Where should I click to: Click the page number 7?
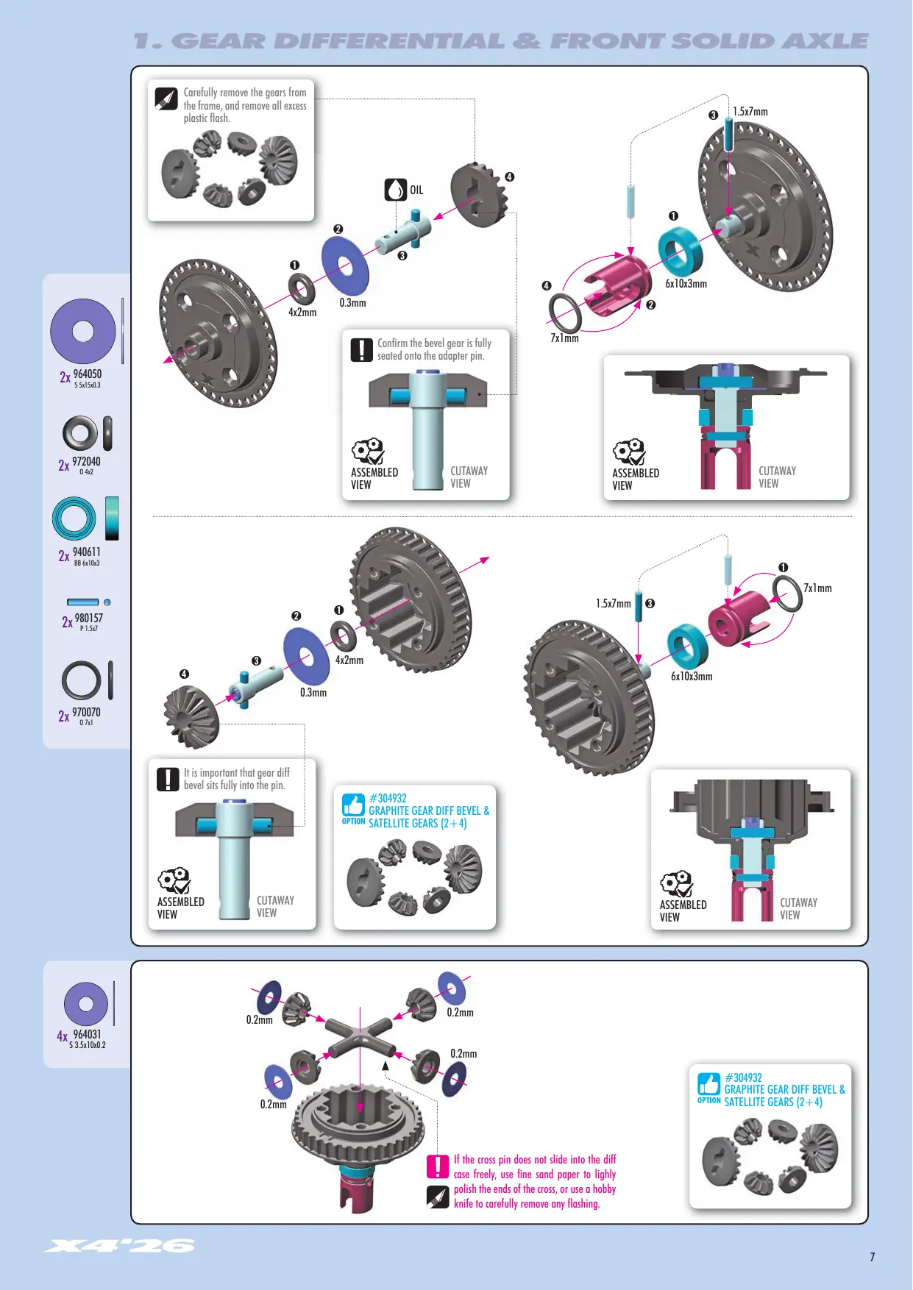coord(873,1257)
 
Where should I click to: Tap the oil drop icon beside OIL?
coord(396,190)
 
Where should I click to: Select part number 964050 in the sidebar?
coord(88,374)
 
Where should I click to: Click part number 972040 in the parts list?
coord(86,462)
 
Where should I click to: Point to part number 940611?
coord(87,552)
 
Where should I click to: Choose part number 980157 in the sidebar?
coord(89,619)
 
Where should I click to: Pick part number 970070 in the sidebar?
coord(86,713)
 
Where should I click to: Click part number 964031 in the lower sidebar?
coord(87,1035)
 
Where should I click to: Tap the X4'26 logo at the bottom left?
coord(120,1245)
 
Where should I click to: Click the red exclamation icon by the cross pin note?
coord(438,1166)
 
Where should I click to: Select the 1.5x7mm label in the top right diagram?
coord(750,112)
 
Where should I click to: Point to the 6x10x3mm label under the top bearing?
coord(686,284)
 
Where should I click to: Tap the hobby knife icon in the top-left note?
coord(166,99)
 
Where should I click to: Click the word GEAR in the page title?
coord(219,41)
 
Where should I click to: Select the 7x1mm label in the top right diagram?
coord(565,338)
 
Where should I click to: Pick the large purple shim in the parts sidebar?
coord(83,332)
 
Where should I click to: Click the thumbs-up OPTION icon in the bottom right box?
coord(709,1085)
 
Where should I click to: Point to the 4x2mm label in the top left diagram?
coord(302,313)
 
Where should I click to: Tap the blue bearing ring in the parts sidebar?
coord(74,519)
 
